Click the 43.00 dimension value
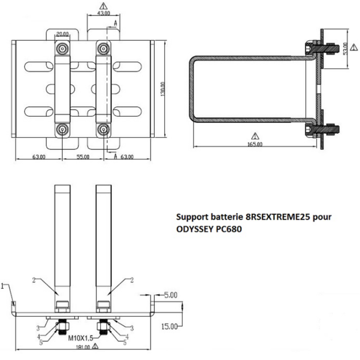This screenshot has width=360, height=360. [x=103, y=13]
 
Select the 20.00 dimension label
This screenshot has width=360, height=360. [x=62, y=34]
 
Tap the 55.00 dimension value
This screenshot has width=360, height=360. [x=82, y=157]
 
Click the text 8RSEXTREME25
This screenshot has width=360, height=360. [x=275, y=217]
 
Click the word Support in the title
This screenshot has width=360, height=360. [x=191, y=217]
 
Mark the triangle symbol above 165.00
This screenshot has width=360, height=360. [x=255, y=135]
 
